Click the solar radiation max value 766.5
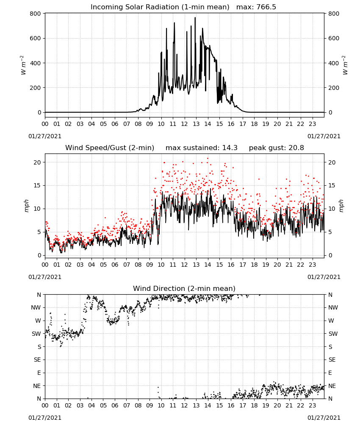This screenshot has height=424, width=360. click(266, 7)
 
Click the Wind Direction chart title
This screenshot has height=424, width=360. click(184, 288)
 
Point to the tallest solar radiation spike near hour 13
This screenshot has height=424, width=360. click(195, 18)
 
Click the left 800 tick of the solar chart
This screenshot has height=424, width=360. click(36, 14)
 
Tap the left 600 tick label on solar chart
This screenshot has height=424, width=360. click(36, 39)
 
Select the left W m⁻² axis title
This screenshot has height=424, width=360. click(23, 65)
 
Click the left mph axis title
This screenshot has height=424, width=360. click(26, 206)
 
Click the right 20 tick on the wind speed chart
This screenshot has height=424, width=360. click(332, 162)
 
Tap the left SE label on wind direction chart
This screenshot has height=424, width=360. click(37, 360)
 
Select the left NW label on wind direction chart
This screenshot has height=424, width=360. click(36, 307)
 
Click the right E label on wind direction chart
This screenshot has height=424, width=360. click(330, 373)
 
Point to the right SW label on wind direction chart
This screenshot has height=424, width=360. click(333, 334)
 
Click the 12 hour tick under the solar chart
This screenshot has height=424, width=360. click(185, 124)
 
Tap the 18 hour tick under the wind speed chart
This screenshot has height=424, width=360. click(254, 265)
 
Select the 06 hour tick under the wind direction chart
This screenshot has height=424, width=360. click(115, 406)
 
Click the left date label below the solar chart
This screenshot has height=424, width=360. click(45, 136)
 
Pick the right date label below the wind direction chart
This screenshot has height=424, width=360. click(324, 418)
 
